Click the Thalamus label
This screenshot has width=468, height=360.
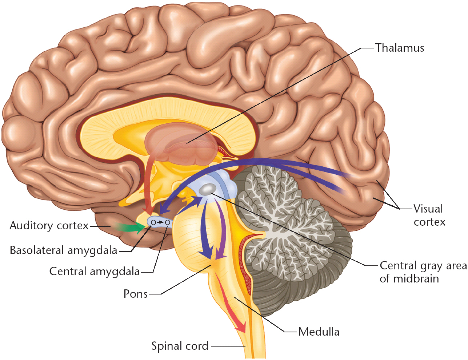[x=399, y=48]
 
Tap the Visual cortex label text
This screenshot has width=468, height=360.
[x=429, y=215]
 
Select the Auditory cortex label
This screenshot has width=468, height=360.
[x=49, y=226]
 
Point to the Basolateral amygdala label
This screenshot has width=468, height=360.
[x=64, y=250]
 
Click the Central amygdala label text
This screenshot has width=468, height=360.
[x=95, y=272]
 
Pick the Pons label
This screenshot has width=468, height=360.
[x=136, y=294]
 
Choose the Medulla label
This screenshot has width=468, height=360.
[x=319, y=332]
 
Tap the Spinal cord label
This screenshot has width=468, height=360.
[x=180, y=346]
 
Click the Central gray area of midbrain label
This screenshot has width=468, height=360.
[x=423, y=272]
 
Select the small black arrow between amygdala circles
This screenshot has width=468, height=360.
[x=160, y=222]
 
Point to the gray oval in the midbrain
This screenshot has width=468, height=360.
[x=208, y=189]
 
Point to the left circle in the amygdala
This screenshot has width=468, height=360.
[x=153, y=222]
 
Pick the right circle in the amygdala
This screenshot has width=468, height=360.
[x=167, y=222]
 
